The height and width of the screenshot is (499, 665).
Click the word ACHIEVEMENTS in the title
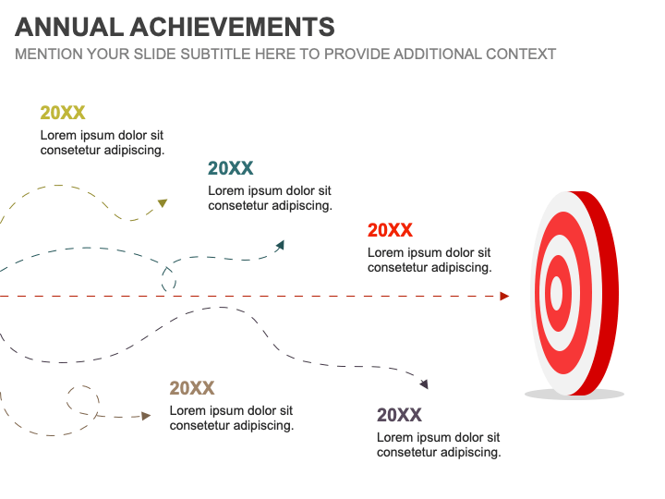pyautogui.click(x=233, y=27)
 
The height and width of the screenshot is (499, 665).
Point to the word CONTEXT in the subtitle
pyautogui.click(x=521, y=55)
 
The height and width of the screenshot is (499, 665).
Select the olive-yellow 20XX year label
pyautogui.click(x=63, y=113)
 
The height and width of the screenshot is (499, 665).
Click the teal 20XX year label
pyautogui.click(x=230, y=168)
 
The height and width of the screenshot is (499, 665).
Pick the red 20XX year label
pyautogui.click(x=390, y=230)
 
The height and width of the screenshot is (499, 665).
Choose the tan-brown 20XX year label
pyautogui.click(x=192, y=388)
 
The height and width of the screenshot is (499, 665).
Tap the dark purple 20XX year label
pyautogui.click(x=399, y=415)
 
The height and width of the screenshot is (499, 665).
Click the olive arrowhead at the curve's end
pyautogui.click(x=163, y=202)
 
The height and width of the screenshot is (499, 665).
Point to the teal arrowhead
pyautogui.click(x=281, y=245)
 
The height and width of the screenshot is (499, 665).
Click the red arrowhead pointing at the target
pyautogui.click(x=504, y=297)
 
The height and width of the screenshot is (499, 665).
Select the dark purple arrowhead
pyautogui.click(x=424, y=384)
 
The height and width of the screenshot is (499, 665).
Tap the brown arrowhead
pyautogui.click(x=146, y=416)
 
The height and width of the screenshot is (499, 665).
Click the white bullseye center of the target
pyautogui.click(x=556, y=293)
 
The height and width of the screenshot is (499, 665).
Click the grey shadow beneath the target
pyautogui.click(x=574, y=395)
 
